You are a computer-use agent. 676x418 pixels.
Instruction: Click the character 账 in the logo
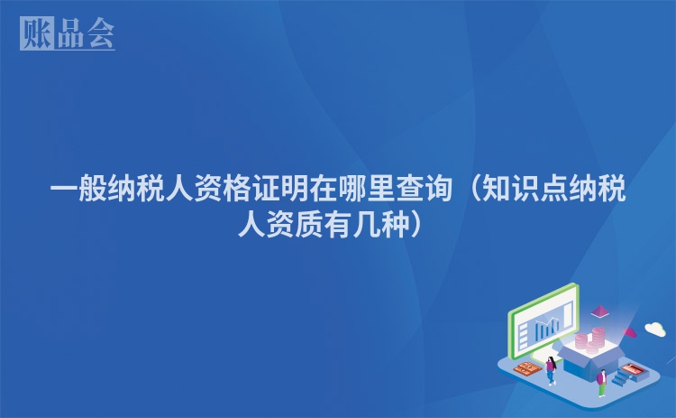point(37,33)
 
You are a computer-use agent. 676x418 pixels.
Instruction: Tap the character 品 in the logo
point(70,33)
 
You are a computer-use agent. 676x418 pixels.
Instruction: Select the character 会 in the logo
point(100,33)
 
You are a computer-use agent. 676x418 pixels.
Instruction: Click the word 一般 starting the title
point(78,189)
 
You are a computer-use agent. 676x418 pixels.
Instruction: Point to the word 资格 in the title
point(223,189)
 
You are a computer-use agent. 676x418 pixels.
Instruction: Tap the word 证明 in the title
point(280,189)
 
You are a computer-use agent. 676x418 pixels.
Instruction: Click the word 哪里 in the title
point(367,189)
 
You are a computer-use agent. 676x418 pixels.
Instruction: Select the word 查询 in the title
point(425,189)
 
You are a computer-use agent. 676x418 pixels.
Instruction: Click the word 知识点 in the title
point(525,189)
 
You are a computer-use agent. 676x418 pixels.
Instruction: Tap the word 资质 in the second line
point(295,224)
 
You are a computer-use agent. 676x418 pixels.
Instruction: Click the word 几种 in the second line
point(381,224)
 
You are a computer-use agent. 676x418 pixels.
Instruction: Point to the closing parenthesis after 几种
point(416,224)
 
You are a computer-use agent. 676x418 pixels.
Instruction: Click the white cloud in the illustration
point(655,329)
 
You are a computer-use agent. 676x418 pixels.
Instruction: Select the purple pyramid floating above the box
point(599,311)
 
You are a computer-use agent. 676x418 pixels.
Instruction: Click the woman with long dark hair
point(551,370)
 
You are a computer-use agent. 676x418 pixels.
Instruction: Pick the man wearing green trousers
point(602,383)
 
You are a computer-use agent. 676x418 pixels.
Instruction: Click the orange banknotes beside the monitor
point(527,368)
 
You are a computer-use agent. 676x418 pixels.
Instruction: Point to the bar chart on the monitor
point(547,328)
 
